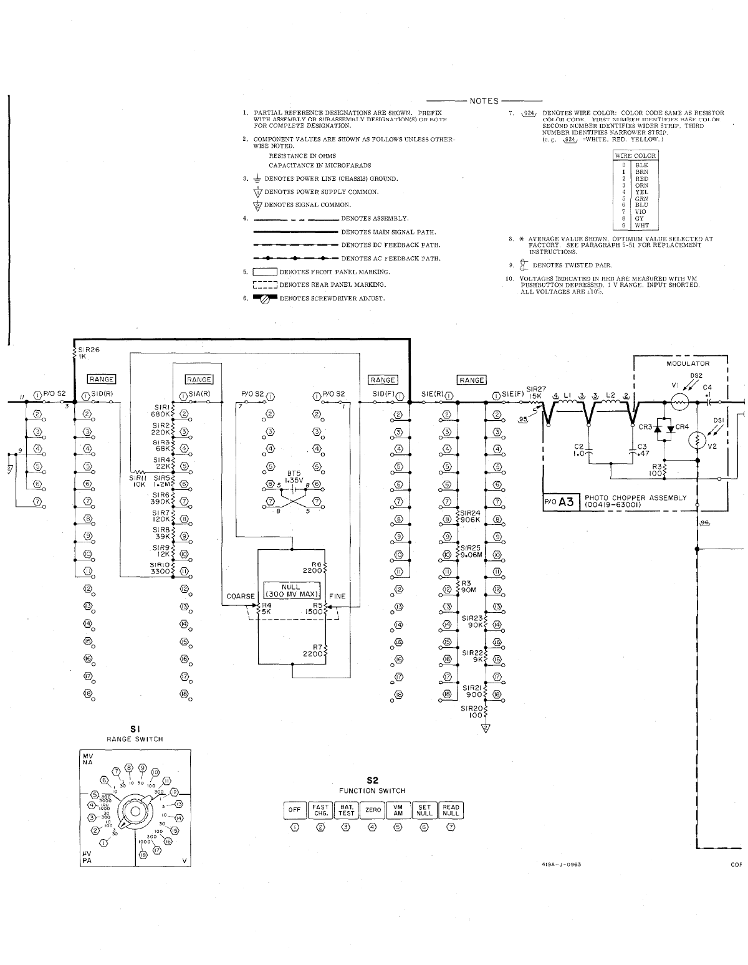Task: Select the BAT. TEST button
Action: pyautogui.click(x=347, y=810)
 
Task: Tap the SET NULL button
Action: pyautogui.click(x=424, y=810)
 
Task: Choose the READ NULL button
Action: pyautogui.click(x=451, y=810)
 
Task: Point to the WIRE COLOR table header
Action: pyautogui.click(x=635, y=155)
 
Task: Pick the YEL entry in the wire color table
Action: pyautogui.click(x=641, y=192)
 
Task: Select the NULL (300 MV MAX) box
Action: pyautogui.click(x=291, y=590)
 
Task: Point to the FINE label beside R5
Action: pyautogui.click(x=337, y=596)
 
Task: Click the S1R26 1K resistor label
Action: pyautogui.click(x=86, y=353)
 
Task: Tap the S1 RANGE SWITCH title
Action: pyautogui.click(x=135, y=733)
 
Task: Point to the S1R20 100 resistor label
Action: pyautogui.click(x=472, y=712)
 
